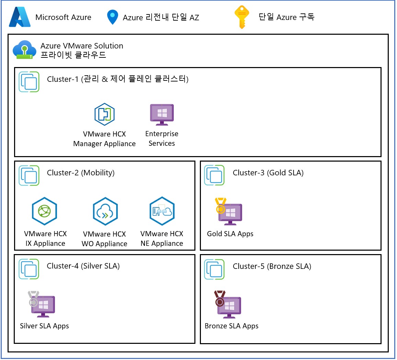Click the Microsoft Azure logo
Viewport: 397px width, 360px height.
20,17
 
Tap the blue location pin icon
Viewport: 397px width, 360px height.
113,17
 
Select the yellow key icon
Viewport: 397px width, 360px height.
241,17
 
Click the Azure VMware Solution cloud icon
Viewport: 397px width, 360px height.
24,50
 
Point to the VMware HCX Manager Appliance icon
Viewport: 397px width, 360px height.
104,114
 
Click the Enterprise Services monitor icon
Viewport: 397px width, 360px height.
162,114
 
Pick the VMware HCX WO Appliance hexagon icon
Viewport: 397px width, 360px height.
105,211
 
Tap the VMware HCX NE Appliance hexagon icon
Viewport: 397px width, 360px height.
162,211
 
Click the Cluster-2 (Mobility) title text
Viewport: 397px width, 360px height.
81,173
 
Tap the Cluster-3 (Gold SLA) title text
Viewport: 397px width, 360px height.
268,173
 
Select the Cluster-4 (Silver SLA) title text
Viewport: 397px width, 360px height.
83,266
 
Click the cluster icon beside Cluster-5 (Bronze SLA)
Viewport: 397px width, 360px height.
214,269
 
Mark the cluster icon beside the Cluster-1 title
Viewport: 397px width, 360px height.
29,82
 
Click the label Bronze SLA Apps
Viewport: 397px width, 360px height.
231,326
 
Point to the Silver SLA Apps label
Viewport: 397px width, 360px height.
44,326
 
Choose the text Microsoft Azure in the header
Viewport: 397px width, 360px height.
63,17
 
